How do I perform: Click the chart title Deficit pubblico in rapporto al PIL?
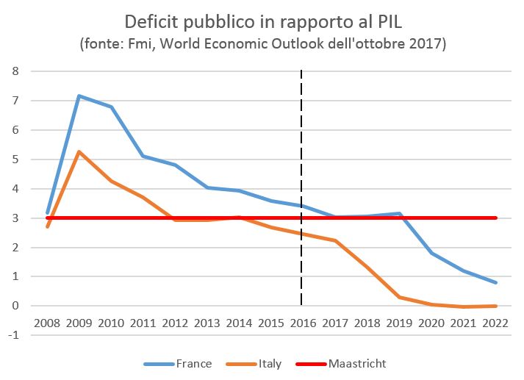(x=262, y=20)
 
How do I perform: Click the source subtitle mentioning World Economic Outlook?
(x=262, y=43)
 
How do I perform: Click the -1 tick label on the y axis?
(x=13, y=335)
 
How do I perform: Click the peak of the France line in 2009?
(x=79, y=96)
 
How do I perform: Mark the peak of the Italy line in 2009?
(x=79, y=151)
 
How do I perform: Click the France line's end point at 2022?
(x=496, y=283)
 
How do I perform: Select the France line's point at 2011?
(x=143, y=156)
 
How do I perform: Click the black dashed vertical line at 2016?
(x=302, y=147)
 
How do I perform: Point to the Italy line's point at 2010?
(x=110, y=181)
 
